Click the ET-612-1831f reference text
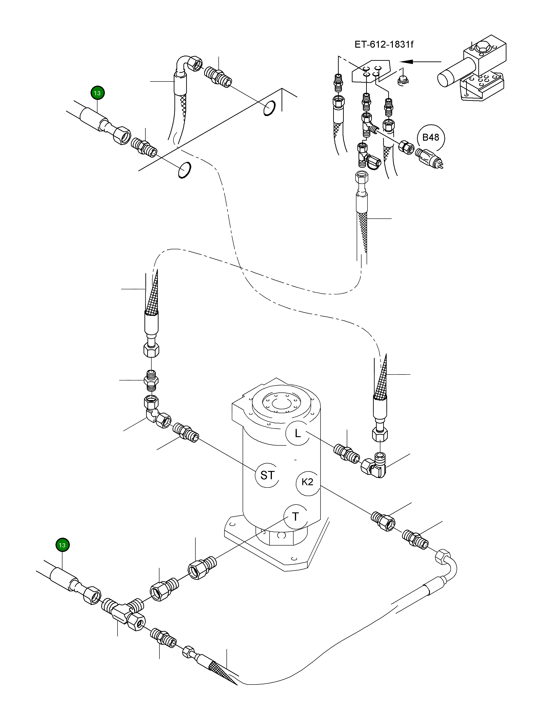[x=384, y=44]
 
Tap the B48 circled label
[x=430, y=137]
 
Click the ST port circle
[x=267, y=475]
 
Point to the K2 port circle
[x=307, y=482]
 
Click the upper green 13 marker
[x=97, y=93]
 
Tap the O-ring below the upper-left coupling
[x=185, y=170]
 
